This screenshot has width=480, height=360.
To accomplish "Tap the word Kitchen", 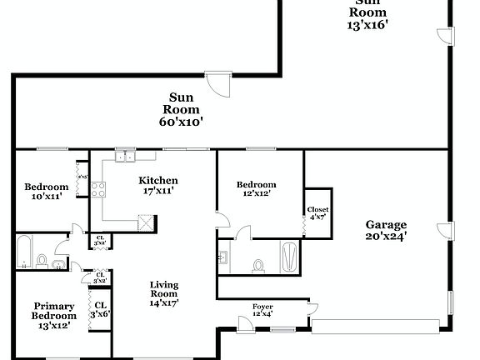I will coord(157,181).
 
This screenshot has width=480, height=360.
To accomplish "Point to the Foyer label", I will coord(262,307).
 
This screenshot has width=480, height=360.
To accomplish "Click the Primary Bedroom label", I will coord(54,311).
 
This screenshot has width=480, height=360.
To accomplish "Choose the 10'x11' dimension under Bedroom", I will coord(45,197).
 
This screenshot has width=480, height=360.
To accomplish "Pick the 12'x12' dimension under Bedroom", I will coord(256,193).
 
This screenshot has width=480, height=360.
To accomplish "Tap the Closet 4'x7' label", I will coord(317,213).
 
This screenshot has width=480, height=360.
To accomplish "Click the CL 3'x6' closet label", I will coord(99,309).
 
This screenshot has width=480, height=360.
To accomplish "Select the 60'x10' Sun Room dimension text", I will coord(182,121).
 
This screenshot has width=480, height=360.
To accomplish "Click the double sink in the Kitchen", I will coord(125,155).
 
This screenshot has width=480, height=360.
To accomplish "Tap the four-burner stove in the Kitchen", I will coord(97,189).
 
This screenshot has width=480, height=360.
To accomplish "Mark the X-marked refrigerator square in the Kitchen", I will coord(145,222).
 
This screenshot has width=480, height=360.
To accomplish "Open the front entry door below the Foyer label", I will coord(281,330).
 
